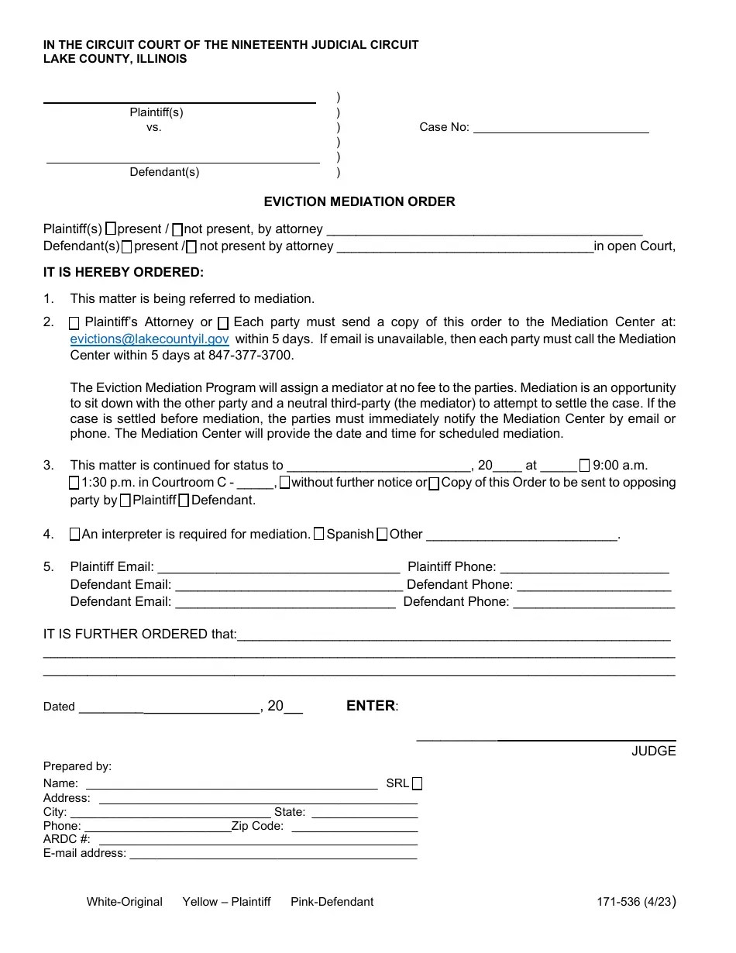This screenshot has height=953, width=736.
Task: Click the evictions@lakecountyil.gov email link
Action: click(x=150, y=339)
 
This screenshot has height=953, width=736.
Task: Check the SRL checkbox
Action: click(x=418, y=783)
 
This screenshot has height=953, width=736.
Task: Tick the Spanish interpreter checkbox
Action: click(x=319, y=535)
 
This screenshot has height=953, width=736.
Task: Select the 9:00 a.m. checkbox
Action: click(x=585, y=466)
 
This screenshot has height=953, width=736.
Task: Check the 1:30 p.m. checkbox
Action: click(x=74, y=483)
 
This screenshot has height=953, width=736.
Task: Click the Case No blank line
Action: click(x=560, y=128)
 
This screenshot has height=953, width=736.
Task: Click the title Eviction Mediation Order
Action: click(x=359, y=202)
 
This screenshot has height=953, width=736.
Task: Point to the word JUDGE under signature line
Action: click(x=653, y=751)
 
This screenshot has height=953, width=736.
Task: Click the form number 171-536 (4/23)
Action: click(x=635, y=902)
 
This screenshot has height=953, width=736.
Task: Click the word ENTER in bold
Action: click(x=370, y=706)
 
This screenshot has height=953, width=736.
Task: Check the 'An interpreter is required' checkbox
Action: click(x=74, y=535)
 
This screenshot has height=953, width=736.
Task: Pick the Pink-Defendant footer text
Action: click(x=332, y=902)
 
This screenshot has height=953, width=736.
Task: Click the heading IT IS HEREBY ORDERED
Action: click(x=123, y=273)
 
